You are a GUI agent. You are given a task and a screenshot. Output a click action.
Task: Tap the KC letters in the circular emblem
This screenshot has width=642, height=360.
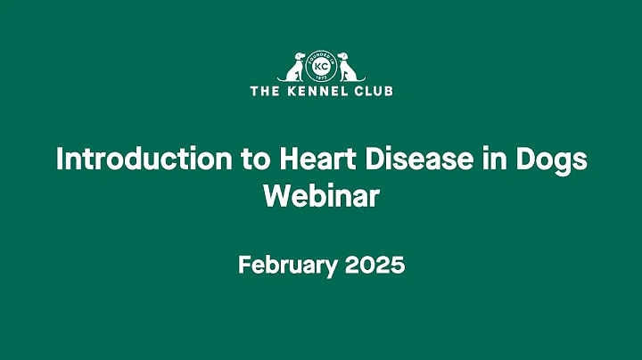(321, 68)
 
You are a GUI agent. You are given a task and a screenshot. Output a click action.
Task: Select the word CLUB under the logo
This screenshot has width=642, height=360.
(374, 90)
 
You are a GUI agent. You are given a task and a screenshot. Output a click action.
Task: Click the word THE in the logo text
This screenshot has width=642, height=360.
(265, 90)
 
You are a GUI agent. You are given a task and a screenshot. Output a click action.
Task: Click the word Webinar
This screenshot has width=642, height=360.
(321, 197)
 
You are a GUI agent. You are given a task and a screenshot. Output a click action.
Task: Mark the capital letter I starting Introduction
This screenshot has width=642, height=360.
(59, 160)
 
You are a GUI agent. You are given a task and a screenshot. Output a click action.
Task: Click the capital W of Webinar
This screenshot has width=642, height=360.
(275, 197)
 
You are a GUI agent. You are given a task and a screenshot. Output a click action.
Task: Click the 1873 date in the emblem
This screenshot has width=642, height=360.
(321, 78)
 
